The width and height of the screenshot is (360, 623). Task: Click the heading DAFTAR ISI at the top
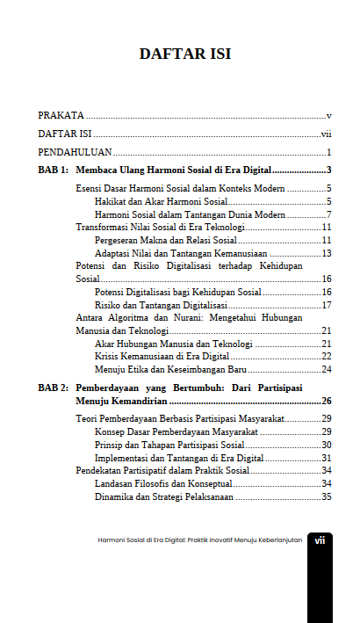(x=184, y=54)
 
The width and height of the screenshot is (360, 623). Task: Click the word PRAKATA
(x=61, y=115)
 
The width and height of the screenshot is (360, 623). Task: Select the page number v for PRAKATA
(x=328, y=115)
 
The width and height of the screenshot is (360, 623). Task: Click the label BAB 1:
(x=53, y=170)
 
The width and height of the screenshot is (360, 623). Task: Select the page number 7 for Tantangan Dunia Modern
(x=328, y=214)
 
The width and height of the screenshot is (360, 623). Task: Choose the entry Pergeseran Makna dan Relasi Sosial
(x=166, y=240)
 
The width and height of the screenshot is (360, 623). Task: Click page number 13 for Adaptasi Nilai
(x=326, y=253)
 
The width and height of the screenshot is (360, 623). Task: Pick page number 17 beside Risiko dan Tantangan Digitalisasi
(x=326, y=305)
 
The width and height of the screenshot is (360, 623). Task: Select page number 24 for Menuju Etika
(x=326, y=369)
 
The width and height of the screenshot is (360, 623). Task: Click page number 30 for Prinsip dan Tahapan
(x=326, y=445)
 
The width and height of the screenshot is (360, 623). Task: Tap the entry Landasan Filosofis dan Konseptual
(x=163, y=483)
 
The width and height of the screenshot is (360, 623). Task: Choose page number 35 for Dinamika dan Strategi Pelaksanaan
(x=326, y=496)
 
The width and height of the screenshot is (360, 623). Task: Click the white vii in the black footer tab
(x=320, y=540)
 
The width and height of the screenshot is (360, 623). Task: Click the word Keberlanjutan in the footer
(x=278, y=540)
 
